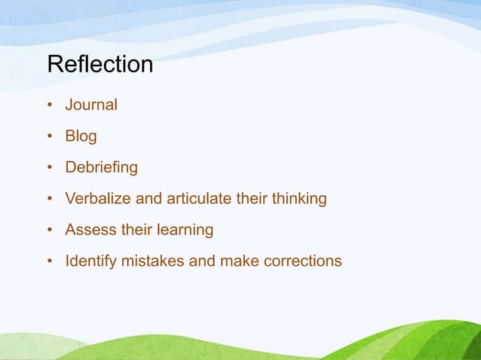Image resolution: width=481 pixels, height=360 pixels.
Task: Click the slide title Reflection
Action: tap(100, 65)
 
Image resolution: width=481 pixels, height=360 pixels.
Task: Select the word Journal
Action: tap(91, 105)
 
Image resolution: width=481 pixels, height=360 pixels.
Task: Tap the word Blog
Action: tap(81, 137)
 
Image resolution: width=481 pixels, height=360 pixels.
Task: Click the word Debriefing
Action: tap(101, 168)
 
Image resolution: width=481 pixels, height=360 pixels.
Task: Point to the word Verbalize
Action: tap(97, 199)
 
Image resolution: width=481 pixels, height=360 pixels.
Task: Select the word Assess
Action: tap(86, 230)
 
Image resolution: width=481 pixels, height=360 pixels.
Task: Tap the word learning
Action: tap(183, 230)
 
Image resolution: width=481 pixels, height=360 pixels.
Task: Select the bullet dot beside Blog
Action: tap(49, 137)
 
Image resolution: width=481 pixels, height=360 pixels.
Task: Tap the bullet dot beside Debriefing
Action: tap(49, 168)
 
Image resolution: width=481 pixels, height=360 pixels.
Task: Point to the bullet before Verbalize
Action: tap(49, 200)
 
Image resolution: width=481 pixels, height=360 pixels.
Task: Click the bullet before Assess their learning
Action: tap(49, 230)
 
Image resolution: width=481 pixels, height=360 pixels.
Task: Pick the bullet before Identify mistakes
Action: tap(49, 262)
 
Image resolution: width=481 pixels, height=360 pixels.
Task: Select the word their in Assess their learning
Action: tap(130, 230)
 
